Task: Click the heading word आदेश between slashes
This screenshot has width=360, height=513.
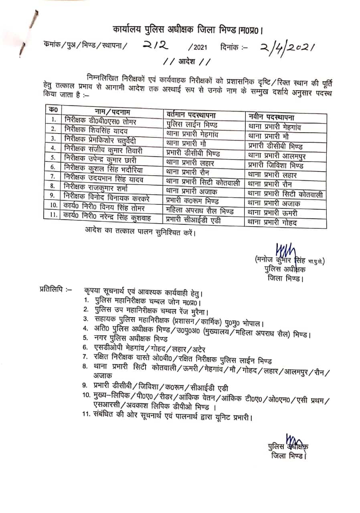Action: [186, 62]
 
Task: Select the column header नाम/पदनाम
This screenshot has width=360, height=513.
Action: [113, 111]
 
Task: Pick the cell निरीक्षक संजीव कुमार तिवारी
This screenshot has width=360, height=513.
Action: [103, 149]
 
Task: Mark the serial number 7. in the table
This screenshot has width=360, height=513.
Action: [53, 176]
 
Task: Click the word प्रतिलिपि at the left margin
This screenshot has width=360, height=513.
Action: [55, 289]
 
